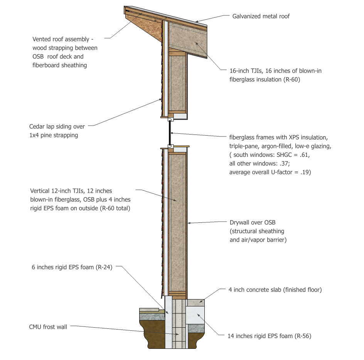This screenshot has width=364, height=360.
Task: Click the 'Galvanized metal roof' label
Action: pyautogui.click(x=261, y=16)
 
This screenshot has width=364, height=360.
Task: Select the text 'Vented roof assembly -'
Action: pyautogui.click(x=63, y=39)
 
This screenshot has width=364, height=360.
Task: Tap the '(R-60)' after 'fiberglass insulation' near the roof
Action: pyautogui.click(x=290, y=80)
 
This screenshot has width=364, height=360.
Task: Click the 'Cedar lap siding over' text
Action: pyautogui.click(x=57, y=126)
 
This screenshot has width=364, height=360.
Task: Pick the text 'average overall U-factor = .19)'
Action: pyautogui.click(x=270, y=172)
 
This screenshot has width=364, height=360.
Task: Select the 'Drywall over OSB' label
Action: pyautogui.click(x=253, y=222)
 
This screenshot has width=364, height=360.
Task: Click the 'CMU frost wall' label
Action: pyautogui.click(x=48, y=327)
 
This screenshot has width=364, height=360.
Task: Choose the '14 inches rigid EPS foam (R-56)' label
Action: pyautogui.click(x=269, y=336)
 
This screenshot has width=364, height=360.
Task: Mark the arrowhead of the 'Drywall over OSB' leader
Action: pyautogui.click(x=189, y=223)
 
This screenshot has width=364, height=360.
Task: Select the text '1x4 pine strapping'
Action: pyautogui.click(x=54, y=135)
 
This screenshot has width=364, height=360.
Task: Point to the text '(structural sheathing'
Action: pyautogui.click(x=257, y=231)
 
